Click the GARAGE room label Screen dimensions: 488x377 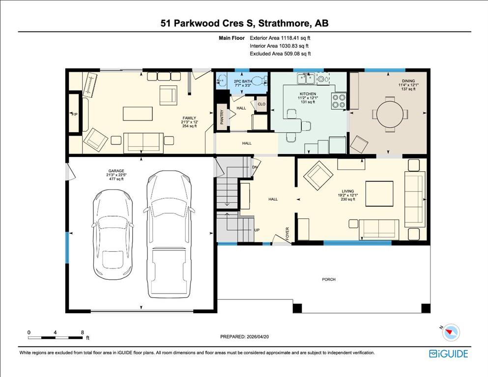point(116,171)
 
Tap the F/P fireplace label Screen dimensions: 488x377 point(75,114)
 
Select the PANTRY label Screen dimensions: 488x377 point(222,117)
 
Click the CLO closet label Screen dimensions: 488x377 point(261,104)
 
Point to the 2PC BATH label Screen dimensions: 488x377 point(243,81)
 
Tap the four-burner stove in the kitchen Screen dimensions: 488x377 point(339,101)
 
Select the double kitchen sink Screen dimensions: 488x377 point(306,79)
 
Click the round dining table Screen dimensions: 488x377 point(390,114)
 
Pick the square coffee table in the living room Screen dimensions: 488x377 point(379,193)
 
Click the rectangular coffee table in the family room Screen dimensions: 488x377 point(138,114)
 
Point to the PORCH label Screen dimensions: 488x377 point(329,279)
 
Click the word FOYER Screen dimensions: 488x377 point(287,233)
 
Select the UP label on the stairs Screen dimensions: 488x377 point(257,230)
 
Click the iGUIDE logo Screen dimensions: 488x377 point(449,354)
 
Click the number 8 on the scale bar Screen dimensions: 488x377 point(83,332)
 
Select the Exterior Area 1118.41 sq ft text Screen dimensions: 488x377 point(280,38)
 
